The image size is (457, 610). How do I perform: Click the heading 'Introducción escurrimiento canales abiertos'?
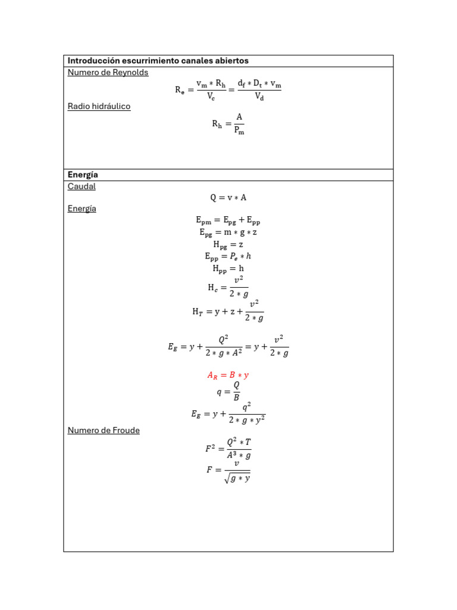pyautogui.click(x=158, y=61)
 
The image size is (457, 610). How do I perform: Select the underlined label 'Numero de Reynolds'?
pyautogui.click(x=108, y=73)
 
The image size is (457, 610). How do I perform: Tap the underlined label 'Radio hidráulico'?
pyautogui.click(x=99, y=107)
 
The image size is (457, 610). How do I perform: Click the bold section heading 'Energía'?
pyautogui.click(x=83, y=175)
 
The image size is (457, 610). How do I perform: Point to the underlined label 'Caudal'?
pyautogui.click(x=82, y=186)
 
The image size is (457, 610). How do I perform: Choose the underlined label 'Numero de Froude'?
pyautogui.click(x=104, y=431)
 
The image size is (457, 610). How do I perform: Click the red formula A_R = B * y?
pyautogui.click(x=228, y=375)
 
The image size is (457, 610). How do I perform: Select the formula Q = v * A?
pyautogui.click(x=228, y=198)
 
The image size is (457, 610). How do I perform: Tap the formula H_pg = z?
pyautogui.click(x=228, y=244)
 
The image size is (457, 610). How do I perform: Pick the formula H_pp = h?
pyautogui.click(x=228, y=269)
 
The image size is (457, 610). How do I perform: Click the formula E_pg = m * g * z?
pyautogui.click(x=228, y=232)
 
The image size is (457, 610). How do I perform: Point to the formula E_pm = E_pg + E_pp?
pyautogui.click(x=228, y=221)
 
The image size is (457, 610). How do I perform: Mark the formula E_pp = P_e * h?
pyautogui.click(x=228, y=256)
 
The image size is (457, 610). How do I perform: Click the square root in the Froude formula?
pyautogui.click(x=237, y=478)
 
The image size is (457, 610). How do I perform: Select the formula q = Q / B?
pyautogui.click(x=228, y=392)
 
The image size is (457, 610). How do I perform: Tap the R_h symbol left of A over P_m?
pyautogui.click(x=217, y=125)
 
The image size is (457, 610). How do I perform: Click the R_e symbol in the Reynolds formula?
pyautogui.click(x=180, y=91)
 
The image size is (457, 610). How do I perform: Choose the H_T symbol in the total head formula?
pyautogui.click(x=198, y=312)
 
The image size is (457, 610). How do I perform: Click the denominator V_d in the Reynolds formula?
pyautogui.click(x=259, y=97)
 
